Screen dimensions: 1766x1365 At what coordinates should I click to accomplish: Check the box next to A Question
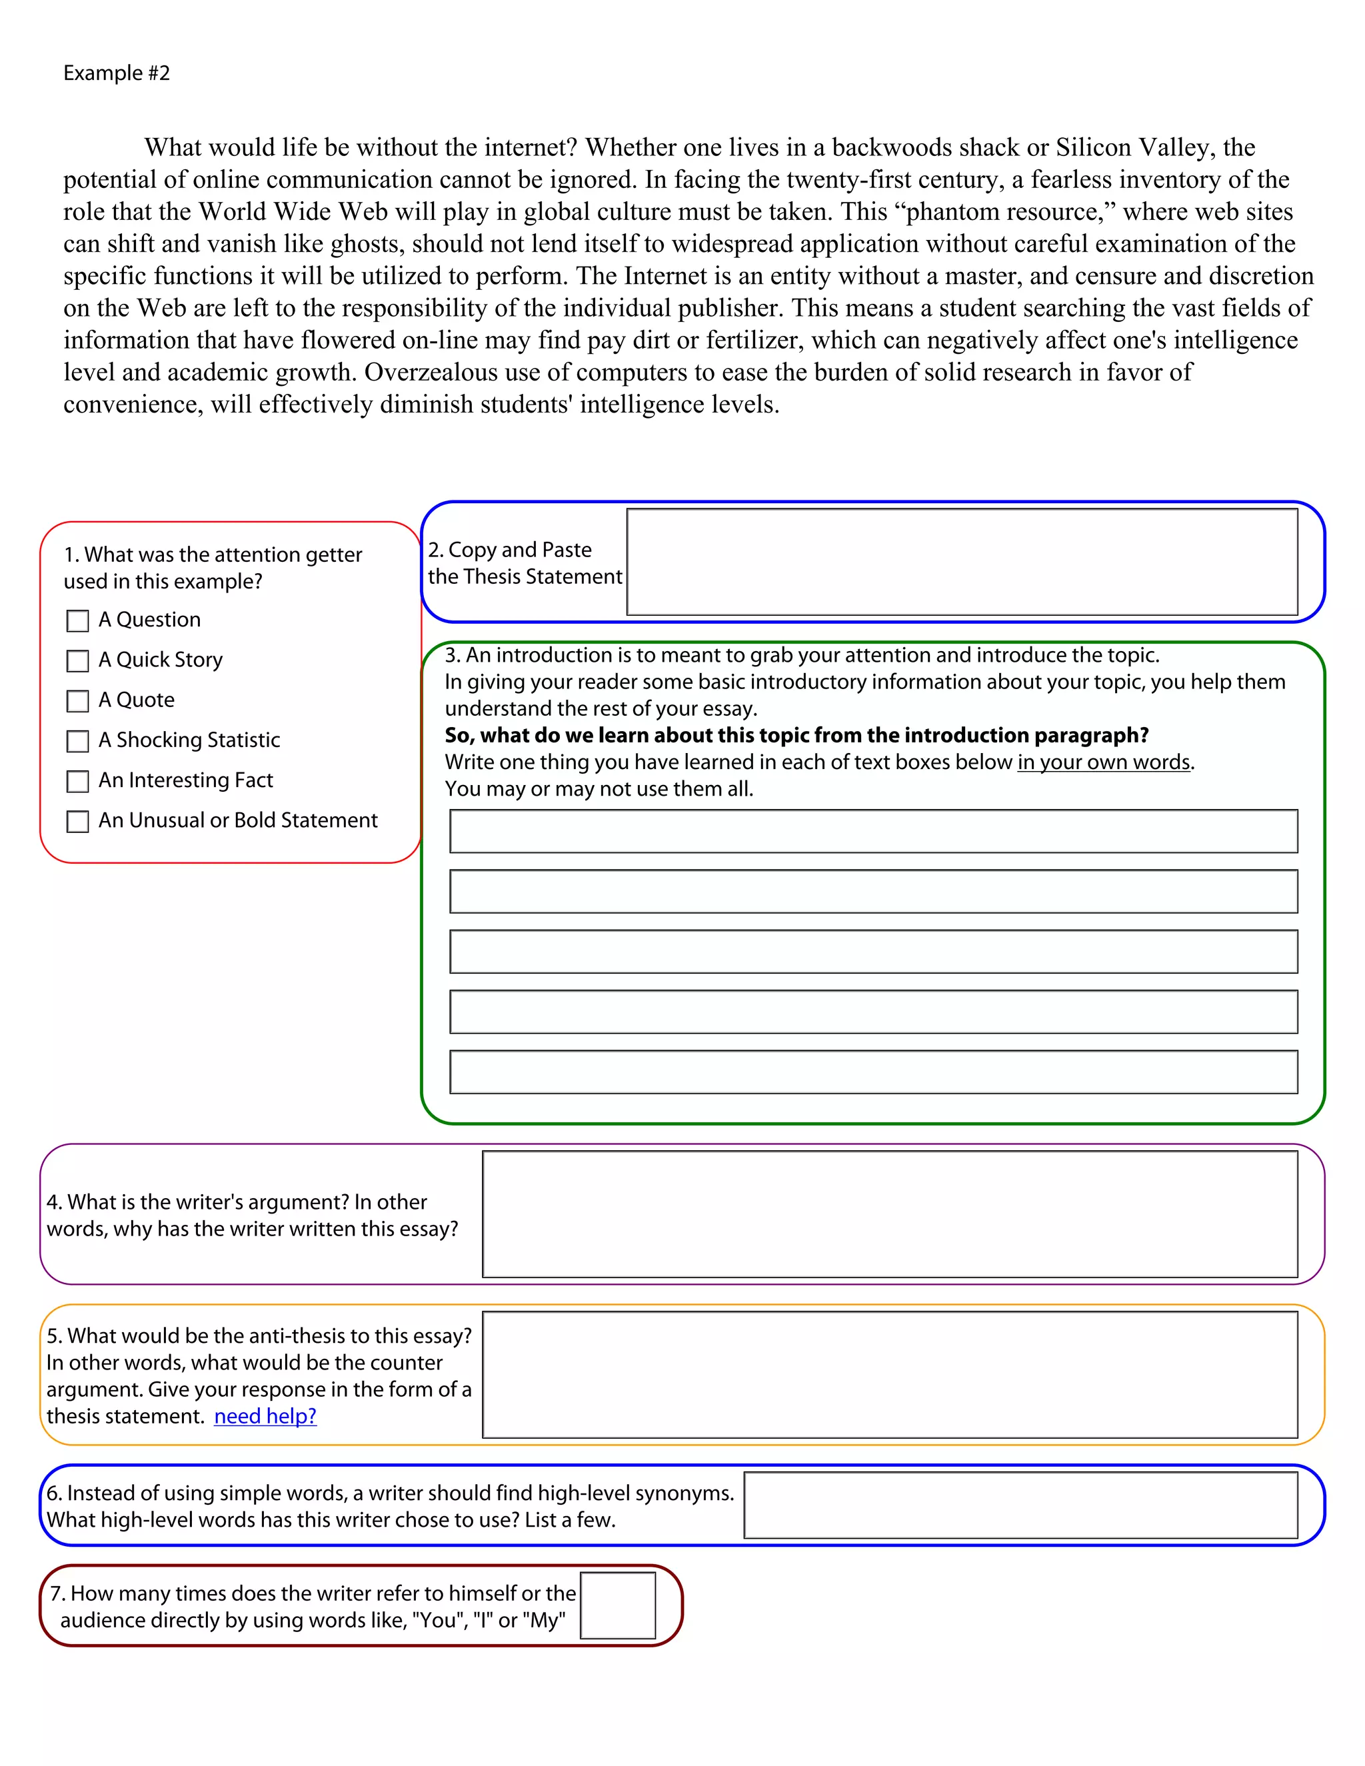click(77, 621)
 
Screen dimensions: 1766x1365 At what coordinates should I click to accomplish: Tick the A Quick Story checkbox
click(77, 662)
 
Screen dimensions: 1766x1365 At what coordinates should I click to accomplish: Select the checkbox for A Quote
click(77, 701)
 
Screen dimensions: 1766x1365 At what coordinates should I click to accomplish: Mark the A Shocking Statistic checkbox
click(77, 742)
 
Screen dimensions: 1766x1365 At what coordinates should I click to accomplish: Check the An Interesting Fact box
click(77, 781)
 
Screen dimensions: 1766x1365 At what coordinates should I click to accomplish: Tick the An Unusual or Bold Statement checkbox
click(77, 822)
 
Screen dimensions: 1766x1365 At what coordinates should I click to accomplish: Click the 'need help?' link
click(265, 1416)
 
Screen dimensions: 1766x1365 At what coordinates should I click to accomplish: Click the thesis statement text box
click(962, 562)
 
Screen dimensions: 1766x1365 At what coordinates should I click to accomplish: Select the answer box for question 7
click(618, 1605)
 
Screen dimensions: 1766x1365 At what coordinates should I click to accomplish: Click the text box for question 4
click(890, 1214)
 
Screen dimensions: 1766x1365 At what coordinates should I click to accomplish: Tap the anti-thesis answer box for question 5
click(890, 1375)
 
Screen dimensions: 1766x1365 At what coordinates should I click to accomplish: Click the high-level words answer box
click(1020, 1505)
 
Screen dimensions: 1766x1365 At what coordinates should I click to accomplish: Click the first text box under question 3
click(873, 831)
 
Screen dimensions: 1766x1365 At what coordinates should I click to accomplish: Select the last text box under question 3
click(873, 1072)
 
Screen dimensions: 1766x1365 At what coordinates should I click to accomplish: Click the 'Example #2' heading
click(117, 73)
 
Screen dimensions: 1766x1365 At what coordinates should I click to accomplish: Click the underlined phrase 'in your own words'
click(1104, 762)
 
